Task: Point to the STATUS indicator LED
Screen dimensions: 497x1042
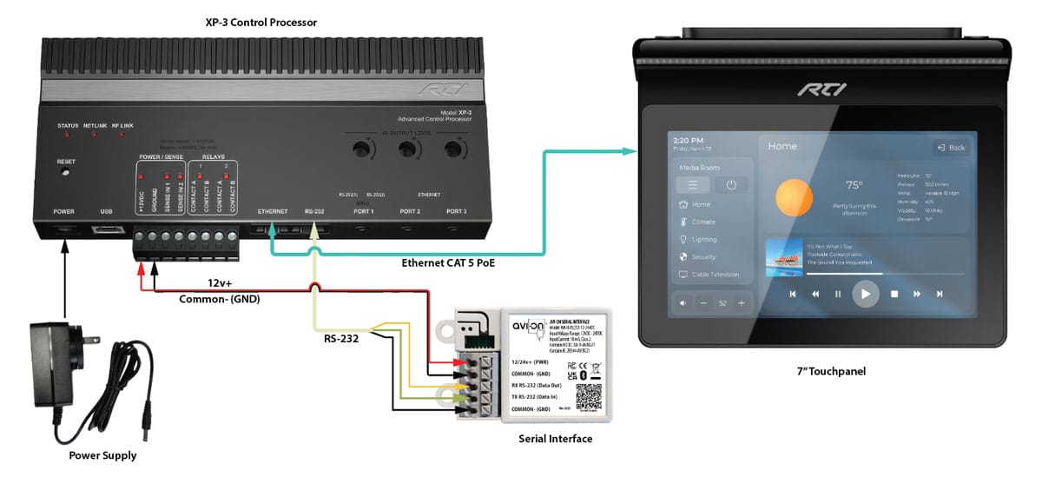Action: click(67, 136)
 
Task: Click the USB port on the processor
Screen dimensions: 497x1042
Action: click(106, 229)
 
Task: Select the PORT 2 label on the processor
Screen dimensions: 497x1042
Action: click(409, 211)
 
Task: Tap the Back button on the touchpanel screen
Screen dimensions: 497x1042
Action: click(950, 148)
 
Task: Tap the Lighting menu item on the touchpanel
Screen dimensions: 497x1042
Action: click(703, 239)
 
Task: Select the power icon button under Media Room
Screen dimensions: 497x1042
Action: click(731, 185)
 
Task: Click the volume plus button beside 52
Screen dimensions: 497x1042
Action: click(741, 302)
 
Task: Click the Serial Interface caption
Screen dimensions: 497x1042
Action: click(555, 439)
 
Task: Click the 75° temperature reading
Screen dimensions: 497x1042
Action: click(854, 185)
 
